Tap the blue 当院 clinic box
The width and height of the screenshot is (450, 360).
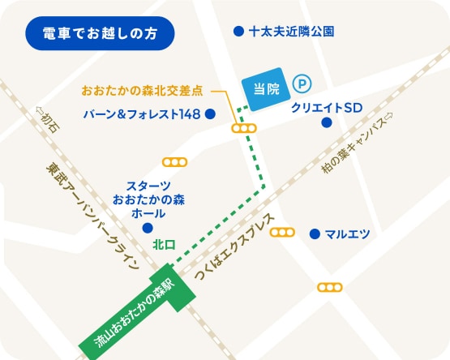point(264,88)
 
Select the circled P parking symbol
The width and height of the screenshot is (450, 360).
point(301,82)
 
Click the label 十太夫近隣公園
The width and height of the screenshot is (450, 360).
point(292,32)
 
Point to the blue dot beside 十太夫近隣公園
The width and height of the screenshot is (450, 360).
point(238,32)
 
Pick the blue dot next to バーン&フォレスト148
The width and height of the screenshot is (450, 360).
point(210,114)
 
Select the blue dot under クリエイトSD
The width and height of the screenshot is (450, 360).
point(326,123)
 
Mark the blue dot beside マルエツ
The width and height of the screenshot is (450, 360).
point(315,234)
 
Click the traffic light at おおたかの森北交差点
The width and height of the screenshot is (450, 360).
point(243,128)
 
